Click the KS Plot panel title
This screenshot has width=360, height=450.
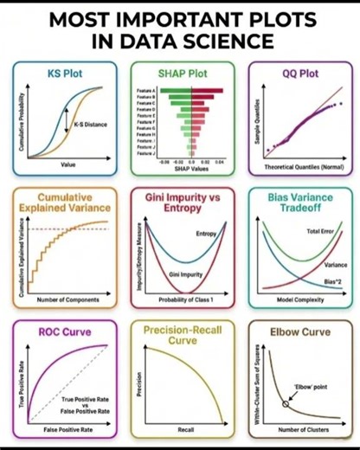65,74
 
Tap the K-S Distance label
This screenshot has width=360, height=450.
91,125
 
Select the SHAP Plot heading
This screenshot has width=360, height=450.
181,74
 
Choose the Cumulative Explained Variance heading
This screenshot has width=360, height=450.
66,202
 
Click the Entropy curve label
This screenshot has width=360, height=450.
207,235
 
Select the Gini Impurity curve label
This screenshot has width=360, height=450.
185,273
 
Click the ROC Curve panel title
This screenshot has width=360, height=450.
65,331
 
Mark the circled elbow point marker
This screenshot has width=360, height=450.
286,403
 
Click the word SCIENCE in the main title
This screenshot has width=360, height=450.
228,41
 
